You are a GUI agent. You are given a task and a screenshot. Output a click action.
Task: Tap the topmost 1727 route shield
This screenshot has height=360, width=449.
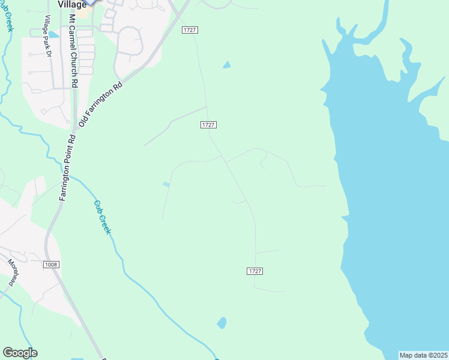click(x=190, y=30)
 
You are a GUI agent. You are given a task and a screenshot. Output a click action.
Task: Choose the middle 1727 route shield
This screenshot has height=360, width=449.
click(x=208, y=124)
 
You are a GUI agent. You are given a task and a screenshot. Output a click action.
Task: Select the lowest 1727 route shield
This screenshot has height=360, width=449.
click(x=255, y=271)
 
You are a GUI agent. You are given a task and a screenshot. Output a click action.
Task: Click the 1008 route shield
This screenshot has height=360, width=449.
click(x=50, y=264)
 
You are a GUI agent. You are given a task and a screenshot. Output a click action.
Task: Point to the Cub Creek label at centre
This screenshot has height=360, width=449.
click(x=102, y=217)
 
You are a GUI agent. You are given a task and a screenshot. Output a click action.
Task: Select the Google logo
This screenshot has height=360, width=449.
click(x=20, y=353)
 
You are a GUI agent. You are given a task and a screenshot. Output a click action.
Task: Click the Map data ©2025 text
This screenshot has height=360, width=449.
click(x=423, y=355)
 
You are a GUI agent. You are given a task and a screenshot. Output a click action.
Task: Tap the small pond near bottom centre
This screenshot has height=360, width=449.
click(x=222, y=323)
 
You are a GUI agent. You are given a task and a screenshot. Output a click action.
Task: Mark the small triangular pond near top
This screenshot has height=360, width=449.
click(x=226, y=65)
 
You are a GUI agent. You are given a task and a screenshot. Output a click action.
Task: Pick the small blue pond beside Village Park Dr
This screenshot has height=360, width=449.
click(x=53, y=35)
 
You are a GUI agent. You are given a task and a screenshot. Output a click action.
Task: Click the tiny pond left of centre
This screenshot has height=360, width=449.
click(x=166, y=185)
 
